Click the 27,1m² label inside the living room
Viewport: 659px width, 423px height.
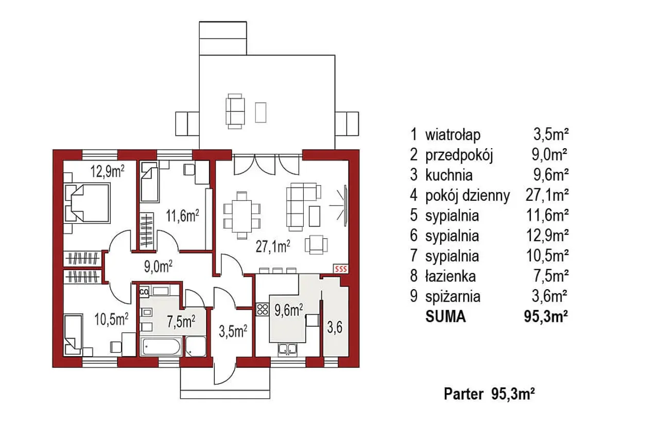point(273,246)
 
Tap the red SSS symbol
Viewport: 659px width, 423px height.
point(341,269)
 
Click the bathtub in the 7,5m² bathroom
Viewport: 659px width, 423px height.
point(162,347)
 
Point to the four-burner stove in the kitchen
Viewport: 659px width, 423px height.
point(263,309)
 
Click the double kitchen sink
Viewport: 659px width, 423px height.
point(288,349)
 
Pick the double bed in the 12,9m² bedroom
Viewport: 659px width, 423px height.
point(87,203)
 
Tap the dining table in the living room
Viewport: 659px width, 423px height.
point(241,216)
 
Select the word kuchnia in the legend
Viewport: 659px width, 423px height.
point(449,175)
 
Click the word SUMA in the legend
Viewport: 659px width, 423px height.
point(446,317)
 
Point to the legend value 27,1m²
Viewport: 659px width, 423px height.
point(547,195)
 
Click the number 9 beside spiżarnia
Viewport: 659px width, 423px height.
point(413,296)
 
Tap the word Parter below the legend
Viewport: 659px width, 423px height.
point(463,394)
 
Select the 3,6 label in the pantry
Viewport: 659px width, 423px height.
point(335,327)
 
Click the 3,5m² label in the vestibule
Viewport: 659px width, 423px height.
point(233,331)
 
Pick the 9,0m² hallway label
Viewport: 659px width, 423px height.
point(158,267)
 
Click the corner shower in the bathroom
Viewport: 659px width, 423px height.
point(196,347)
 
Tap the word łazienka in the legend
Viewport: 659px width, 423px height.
point(450,276)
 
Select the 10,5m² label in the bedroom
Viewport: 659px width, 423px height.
point(111,320)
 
